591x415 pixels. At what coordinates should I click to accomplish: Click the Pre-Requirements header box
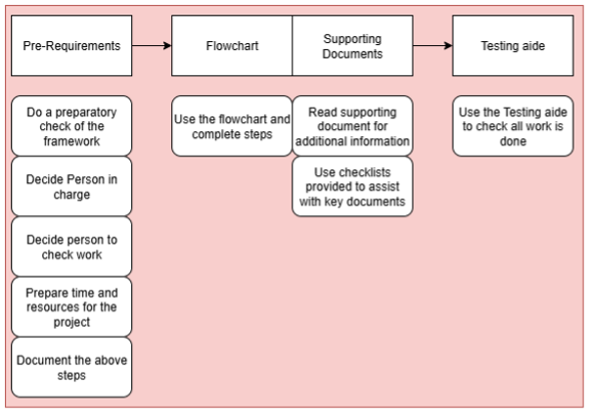tap(70, 45)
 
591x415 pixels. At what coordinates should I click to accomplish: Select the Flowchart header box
tap(232, 45)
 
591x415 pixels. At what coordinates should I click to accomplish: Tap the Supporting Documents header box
tap(351, 45)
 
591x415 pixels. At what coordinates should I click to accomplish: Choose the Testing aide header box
tap(512, 45)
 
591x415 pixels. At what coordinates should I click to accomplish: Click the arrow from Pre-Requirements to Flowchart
tap(151, 45)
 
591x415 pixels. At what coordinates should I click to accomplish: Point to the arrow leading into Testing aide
tap(432, 45)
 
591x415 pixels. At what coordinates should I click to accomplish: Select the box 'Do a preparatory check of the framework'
tap(70, 125)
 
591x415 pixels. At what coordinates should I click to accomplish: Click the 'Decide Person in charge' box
tap(70, 186)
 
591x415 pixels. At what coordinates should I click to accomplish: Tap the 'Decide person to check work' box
tap(70, 246)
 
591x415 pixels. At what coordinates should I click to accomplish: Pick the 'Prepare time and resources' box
tap(70, 306)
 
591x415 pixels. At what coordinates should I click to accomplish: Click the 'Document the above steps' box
tap(70, 367)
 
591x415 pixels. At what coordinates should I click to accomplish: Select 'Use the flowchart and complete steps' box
tap(232, 125)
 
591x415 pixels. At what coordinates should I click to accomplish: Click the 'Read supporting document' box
tap(351, 125)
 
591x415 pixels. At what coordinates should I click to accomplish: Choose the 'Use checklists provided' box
tap(351, 186)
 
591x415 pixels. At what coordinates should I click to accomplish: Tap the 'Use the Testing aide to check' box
tap(512, 125)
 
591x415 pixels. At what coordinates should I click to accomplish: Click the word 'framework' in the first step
tap(71, 142)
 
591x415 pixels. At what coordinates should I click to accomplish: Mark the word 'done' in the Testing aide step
tap(513, 142)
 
